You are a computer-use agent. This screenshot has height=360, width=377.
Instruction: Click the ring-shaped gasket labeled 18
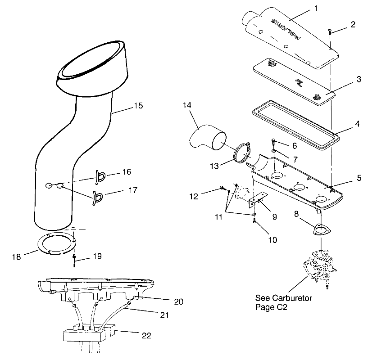(56, 245)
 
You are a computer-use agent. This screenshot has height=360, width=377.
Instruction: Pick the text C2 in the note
(282, 307)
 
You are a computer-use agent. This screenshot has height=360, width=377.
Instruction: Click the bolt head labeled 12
(222, 188)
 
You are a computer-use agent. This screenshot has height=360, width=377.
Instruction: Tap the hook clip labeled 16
(100, 175)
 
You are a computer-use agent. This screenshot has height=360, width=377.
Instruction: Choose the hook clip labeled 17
(97, 198)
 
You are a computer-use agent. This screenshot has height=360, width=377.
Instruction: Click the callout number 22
(145, 335)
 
